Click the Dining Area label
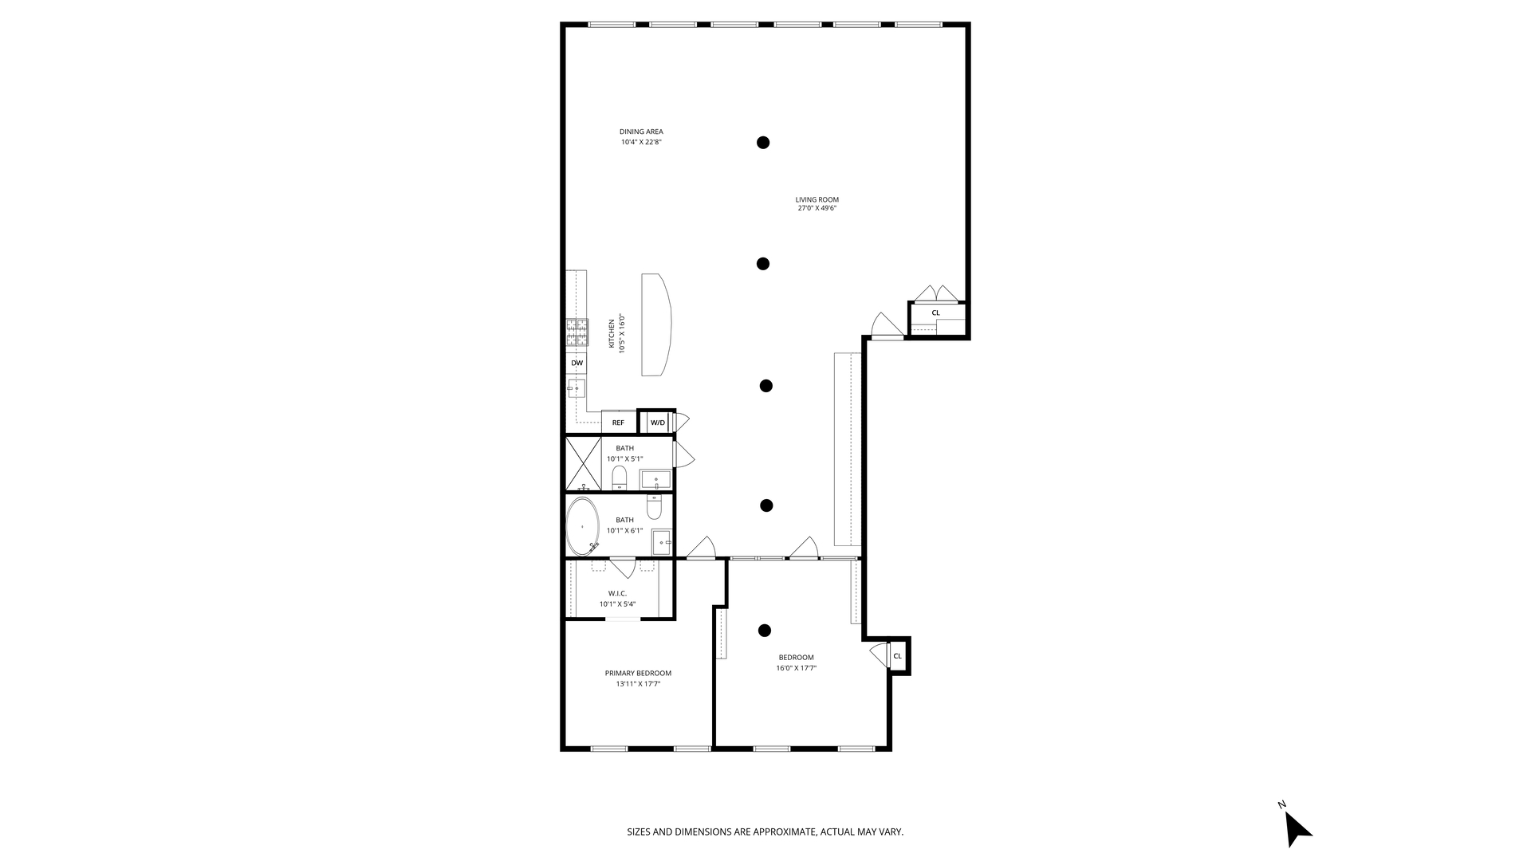pos(641,132)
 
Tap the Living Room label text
pos(817,199)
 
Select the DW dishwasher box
pos(577,363)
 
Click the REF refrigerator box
pos(619,423)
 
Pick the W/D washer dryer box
pos(657,423)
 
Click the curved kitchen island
pos(656,324)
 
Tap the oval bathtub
pos(582,526)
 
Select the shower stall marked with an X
pos(583,463)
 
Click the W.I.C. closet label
pos(617,593)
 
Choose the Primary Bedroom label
pos(638,673)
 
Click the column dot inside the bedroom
pos(765,631)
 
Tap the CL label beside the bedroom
pos(897,656)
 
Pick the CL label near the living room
pos(935,313)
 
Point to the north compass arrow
pos(1298,829)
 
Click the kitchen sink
pos(576,388)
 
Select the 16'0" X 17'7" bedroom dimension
pos(797,668)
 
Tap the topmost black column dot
pos(763,143)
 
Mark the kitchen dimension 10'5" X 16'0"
pos(623,332)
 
